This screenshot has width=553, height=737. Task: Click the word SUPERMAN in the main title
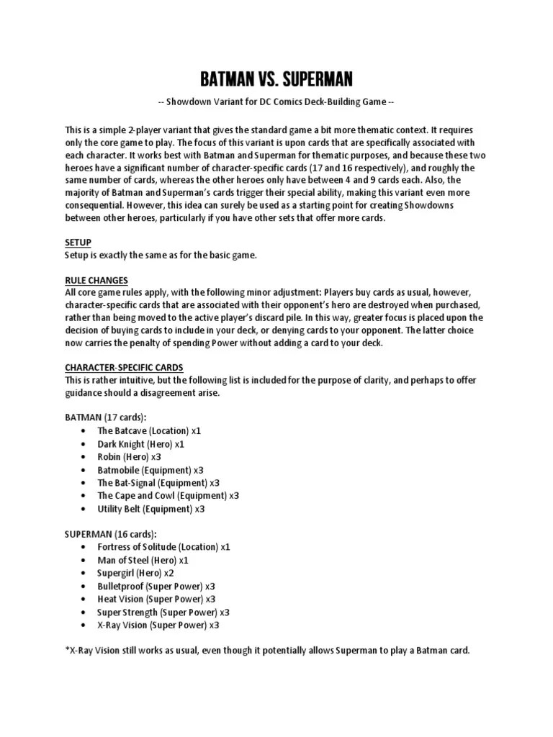tap(315, 78)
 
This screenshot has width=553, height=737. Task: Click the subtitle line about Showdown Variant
tap(276, 102)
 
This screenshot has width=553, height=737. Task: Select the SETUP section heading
tap(78, 243)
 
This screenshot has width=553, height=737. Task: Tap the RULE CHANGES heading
tap(96, 279)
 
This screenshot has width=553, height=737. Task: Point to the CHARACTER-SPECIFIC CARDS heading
tap(124, 366)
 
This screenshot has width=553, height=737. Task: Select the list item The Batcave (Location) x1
tap(149, 430)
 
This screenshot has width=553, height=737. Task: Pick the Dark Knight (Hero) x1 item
tap(141, 443)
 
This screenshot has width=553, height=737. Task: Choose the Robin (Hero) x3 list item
tap(130, 456)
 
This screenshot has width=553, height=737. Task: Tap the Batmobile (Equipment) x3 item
tap(150, 469)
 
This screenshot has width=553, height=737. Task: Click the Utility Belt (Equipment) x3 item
tap(151, 509)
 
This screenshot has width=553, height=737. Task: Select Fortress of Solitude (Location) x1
tap(163, 547)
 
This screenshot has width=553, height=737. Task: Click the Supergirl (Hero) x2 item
tap(135, 573)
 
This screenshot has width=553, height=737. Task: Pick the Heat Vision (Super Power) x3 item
tap(156, 599)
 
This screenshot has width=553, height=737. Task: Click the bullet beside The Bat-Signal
tap(85, 483)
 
